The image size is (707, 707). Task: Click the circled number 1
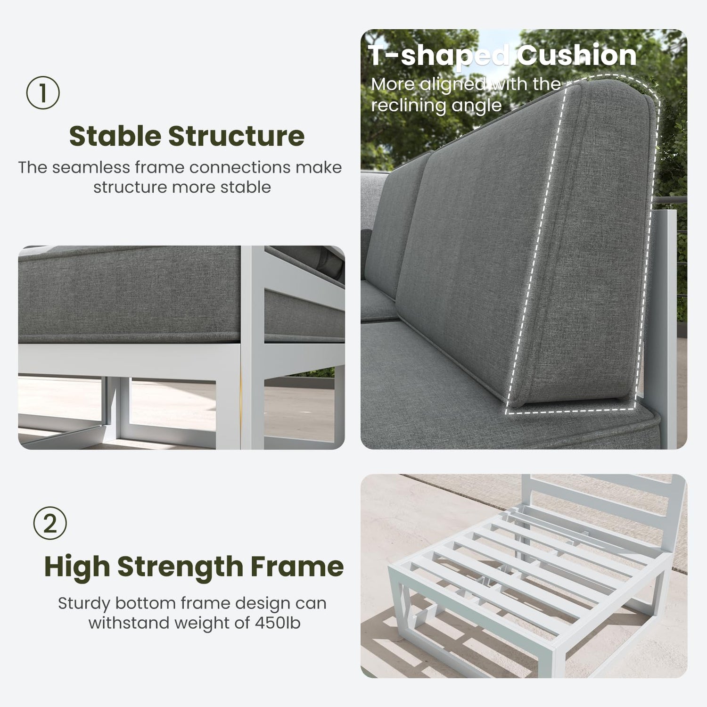pos(43,93)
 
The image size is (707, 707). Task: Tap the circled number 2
pos(50,523)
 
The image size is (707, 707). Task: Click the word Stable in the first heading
pos(115,136)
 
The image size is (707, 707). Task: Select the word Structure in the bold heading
pos(237,136)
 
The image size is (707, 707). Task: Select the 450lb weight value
pos(278,623)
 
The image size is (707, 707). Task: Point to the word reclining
pos(409,106)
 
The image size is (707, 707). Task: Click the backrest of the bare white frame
pos(604,504)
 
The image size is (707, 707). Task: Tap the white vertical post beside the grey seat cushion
pos(253,347)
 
